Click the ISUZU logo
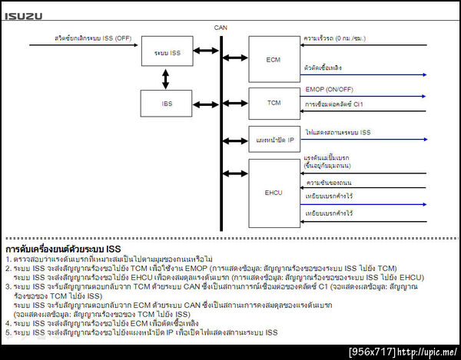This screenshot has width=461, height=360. pyautogui.click(x=23, y=15)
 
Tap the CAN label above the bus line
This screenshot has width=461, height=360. pyautogui.click(x=221, y=28)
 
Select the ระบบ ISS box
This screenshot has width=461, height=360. pyautogui.click(x=162, y=51)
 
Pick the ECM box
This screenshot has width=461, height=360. pyautogui.click(x=274, y=58)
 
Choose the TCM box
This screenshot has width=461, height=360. pyautogui.click(x=274, y=103)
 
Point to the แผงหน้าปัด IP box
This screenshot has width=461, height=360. pyautogui.click(x=274, y=139)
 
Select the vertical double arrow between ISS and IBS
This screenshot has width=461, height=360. pyautogui.click(x=164, y=78)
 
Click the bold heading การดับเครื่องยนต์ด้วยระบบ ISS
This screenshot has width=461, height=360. pyautogui.click(x=64, y=249)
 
